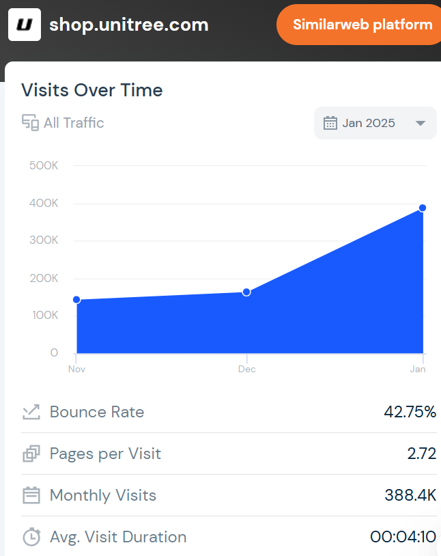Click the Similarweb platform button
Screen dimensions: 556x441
tap(362, 25)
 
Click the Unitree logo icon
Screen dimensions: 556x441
tap(25, 25)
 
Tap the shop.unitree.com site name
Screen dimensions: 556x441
tap(128, 25)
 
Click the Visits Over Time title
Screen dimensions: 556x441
tap(92, 90)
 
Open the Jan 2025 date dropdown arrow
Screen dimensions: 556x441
tap(421, 123)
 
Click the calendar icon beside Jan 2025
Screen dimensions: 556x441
tap(330, 123)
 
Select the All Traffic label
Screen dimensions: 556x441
tap(74, 123)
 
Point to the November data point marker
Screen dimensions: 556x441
tap(76, 300)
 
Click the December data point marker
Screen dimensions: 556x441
tap(246, 292)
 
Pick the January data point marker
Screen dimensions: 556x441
tap(423, 208)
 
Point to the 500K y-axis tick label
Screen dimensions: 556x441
tap(44, 166)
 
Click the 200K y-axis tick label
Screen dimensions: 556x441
tap(44, 278)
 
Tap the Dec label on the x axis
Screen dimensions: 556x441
tap(246, 369)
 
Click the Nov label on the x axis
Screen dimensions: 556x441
tap(76, 369)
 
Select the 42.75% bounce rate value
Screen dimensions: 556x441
tap(410, 412)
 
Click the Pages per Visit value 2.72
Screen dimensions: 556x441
tap(421, 454)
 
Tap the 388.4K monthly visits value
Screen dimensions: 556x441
tap(410, 495)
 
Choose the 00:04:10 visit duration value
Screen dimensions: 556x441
tap(403, 537)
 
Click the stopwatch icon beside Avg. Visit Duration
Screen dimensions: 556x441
tap(31, 537)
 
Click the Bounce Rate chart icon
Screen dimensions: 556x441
tap(31, 412)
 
